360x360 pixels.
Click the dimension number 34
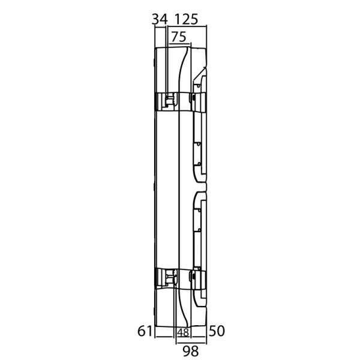(160, 19)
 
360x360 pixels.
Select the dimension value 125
(186, 19)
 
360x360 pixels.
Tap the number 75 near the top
(179, 37)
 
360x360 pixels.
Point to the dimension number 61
(145, 331)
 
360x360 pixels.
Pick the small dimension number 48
(184, 332)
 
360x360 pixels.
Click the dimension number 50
(216, 331)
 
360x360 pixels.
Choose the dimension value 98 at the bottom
(191, 351)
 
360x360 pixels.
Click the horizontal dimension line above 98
(191, 344)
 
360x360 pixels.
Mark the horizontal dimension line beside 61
(164, 337)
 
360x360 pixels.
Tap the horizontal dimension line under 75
(180, 43)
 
